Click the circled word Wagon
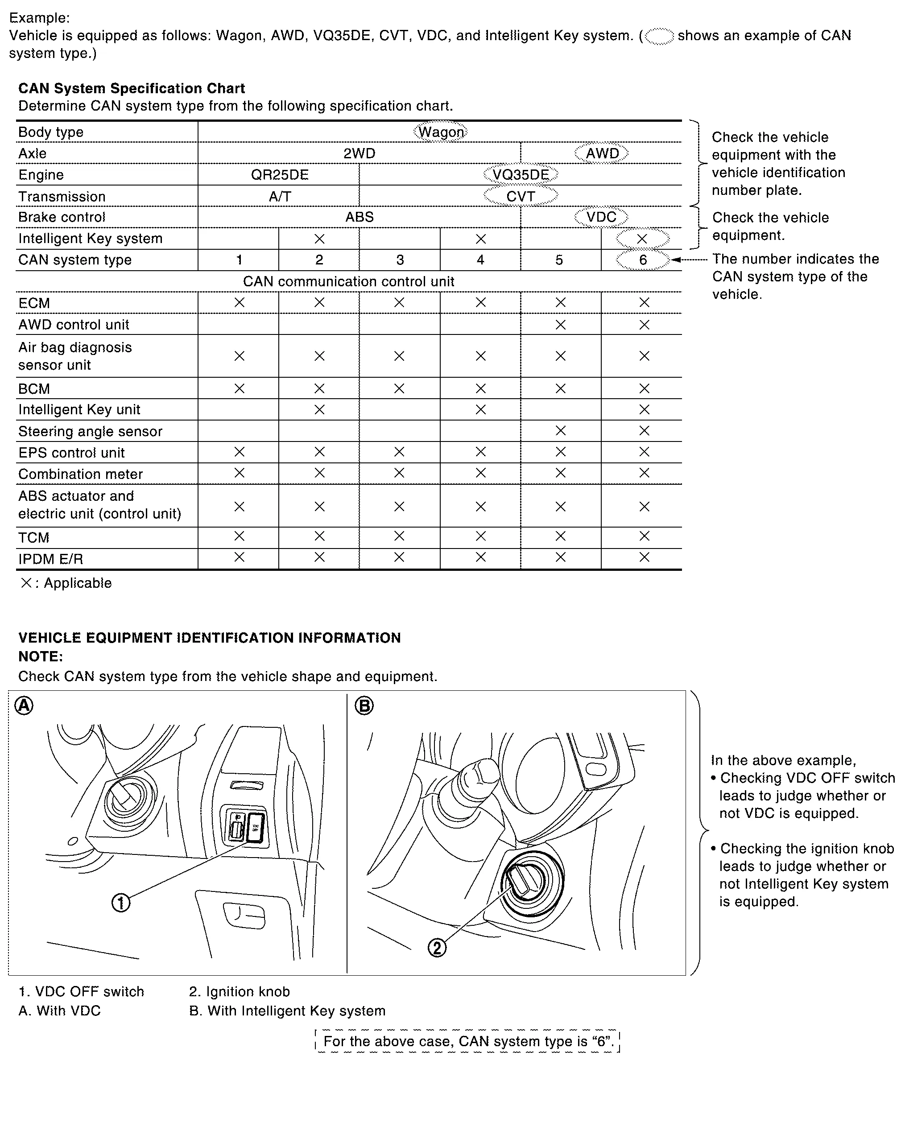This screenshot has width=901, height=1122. click(441, 132)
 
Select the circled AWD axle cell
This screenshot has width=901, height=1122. click(602, 153)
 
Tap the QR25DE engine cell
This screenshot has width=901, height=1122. click(280, 175)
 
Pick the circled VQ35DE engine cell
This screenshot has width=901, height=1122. click(521, 175)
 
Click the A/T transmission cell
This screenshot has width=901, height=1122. click(280, 197)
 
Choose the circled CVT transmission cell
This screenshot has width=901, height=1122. click(521, 196)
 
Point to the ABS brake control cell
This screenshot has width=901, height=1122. click(360, 217)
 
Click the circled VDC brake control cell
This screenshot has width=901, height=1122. click(601, 217)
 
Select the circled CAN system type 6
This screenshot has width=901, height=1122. click(643, 260)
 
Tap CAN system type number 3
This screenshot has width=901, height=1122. click(400, 260)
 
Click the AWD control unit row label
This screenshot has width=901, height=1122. click(74, 325)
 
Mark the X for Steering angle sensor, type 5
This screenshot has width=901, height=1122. click(561, 430)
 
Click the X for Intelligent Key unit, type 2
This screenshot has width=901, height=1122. click(320, 409)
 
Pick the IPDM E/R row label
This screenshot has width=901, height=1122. click(50, 559)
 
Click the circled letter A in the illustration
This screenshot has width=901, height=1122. click(24, 705)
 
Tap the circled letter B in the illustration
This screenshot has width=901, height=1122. click(364, 705)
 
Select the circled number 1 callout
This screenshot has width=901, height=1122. click(121, 903)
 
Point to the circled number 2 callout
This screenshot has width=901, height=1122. click(437, 948)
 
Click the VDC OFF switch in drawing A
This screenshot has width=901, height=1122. click(256, 827)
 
